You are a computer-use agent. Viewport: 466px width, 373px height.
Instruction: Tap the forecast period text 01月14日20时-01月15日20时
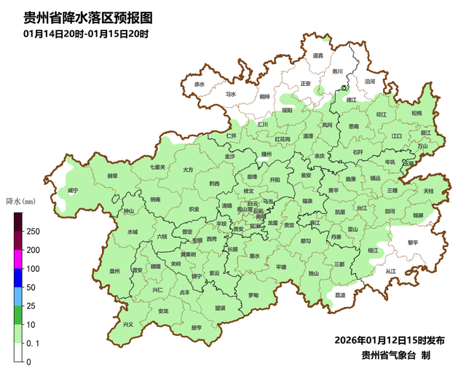86,34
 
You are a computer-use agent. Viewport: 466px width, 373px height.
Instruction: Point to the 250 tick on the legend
33,232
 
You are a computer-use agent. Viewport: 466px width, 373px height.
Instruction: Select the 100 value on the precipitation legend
33,269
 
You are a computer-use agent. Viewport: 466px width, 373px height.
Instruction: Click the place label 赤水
200,85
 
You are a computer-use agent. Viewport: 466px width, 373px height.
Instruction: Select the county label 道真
317,55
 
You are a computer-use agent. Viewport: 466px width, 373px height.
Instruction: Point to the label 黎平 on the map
414,242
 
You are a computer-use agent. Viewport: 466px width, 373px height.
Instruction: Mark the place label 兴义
128,324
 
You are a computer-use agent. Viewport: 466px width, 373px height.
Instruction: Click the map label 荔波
340,295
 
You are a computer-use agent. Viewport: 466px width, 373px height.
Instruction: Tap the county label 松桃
416,114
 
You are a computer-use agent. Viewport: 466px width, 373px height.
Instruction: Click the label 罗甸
253,295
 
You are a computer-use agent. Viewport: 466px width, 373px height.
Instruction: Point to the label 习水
231,94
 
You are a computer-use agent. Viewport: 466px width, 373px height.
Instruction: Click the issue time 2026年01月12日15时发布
390,340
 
